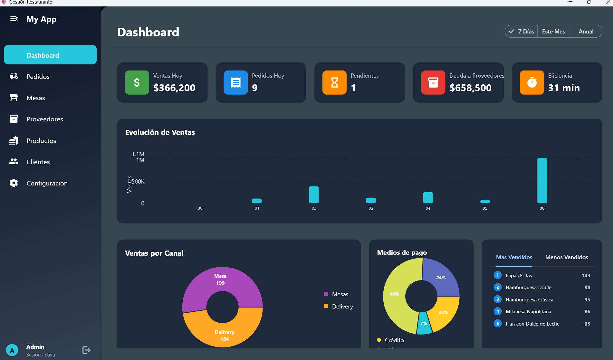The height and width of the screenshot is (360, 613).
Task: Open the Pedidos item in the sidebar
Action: click(x=38, y=77)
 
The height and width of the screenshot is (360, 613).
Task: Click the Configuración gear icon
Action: click(x=14, y=183)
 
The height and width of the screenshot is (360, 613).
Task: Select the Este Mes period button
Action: click(x=553, y=32)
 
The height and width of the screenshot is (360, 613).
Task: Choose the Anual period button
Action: click(x=586, y=32)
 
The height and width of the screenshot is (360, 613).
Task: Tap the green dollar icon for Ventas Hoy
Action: click(x=137, y=82)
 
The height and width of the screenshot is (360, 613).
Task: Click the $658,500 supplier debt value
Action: click(x=470, y=88)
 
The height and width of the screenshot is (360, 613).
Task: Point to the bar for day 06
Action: click(x=542, y=180)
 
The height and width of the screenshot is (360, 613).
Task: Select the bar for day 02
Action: click(x=314, y=195)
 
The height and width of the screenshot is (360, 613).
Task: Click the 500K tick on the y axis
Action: click(x=138, y=182)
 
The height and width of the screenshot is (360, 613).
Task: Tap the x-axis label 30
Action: click(x=200, y=208)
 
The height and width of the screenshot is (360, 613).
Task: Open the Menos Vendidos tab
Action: click(x=566, y=257)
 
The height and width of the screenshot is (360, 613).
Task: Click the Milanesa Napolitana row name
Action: click(x=528, y=312)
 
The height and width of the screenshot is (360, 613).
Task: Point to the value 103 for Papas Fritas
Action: click(x=586, y=276)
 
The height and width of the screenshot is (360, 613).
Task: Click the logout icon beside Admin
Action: click(x=86, y=350)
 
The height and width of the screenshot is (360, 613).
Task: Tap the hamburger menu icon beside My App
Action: click(x=14, y=19)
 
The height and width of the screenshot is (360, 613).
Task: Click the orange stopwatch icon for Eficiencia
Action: click(x=532, y=82)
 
